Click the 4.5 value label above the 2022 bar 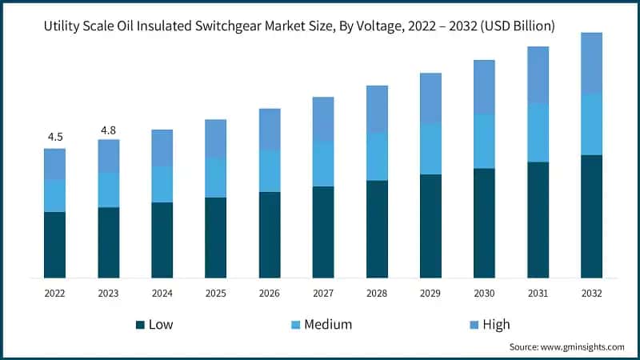coord(55,137)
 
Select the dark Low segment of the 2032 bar coord(591,216)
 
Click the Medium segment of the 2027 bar coord(323,164)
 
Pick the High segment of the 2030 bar coord(484,86)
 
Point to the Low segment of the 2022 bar coord(55,245)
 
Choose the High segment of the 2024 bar coord(162,148)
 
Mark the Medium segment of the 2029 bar coord(430,149)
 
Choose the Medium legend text coord(327,325)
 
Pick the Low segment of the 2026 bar coord(270,234)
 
